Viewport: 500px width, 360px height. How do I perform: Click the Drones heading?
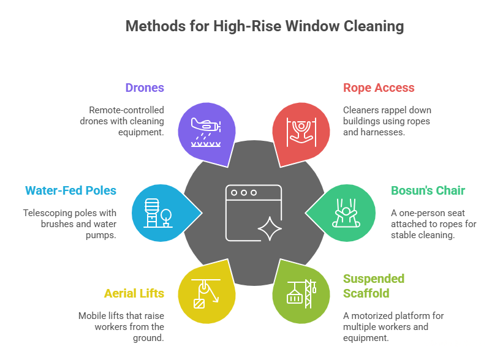(145, 88)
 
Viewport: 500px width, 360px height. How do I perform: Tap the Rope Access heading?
(379, 88)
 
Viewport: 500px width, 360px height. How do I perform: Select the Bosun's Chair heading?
(428, 190)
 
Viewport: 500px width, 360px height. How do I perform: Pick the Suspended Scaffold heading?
(374, 286)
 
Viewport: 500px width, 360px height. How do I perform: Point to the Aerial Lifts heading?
(134, 293)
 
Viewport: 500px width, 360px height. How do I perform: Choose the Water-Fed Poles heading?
(70, 190)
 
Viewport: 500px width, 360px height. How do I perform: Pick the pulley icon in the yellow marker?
(205, 293)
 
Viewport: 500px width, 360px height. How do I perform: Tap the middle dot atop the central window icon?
(244, 193)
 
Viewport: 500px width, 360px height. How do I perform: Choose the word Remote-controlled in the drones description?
(127, 110)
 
